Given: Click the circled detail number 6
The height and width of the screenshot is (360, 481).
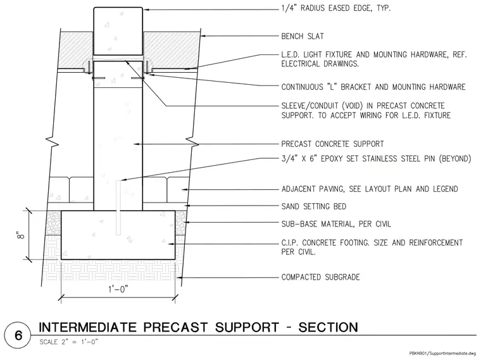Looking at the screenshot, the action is (18, 335).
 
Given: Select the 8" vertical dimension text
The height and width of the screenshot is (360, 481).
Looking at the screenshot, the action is (20, 236).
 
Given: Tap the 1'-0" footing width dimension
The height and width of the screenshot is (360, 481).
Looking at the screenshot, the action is (118, 289).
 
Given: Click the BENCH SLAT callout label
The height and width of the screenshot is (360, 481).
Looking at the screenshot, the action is (303, 36).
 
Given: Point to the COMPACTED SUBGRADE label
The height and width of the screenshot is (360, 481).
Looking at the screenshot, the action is (321, 277).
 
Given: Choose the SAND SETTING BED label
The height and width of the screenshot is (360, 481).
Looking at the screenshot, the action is (314, 206).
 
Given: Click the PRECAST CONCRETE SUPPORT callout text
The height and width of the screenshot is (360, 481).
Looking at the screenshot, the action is (332, 144).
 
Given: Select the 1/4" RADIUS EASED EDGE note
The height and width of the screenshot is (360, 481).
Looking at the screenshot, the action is (336, 8).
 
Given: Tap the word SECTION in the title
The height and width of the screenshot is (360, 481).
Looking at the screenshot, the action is (328, 327).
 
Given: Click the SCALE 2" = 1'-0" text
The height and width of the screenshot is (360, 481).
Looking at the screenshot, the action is (69, 342).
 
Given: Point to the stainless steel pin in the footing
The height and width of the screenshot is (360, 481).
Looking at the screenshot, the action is (118, 208).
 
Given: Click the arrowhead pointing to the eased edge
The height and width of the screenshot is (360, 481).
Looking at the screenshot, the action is (146, 9).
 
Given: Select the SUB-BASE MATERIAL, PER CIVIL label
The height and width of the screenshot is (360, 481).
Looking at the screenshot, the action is (336, 224).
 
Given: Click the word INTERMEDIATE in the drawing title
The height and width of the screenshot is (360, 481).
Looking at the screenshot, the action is (87, 327).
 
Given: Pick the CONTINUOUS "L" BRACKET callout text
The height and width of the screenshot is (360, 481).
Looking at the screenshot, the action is (373, 87).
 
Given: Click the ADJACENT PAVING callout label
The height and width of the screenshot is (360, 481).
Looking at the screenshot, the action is (370, 189).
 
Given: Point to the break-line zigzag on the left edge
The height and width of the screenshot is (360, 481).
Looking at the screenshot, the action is (53, 142).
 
